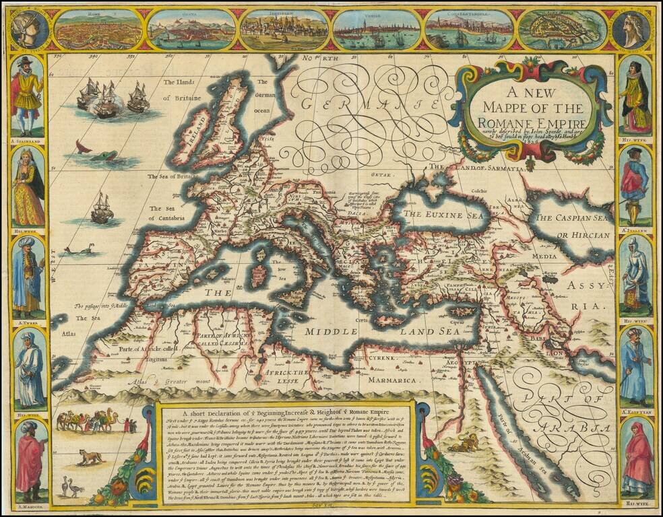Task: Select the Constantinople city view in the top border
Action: (x=468, y=29)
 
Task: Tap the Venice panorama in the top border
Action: (x=375, y=29)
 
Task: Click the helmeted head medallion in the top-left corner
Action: (x=29, y=28)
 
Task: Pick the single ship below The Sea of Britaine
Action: (x=102, y=208)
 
